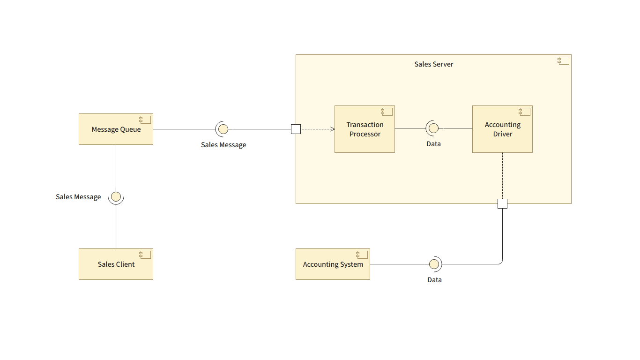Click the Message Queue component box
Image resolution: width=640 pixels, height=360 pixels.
(x=116, y=129)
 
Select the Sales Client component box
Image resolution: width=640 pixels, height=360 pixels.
(x=116, y=264)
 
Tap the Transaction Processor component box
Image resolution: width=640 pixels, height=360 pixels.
(x=365, y=129)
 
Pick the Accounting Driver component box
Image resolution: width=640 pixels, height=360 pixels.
(x=502, y=129)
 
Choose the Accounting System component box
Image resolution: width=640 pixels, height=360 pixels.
(x=333, y=264)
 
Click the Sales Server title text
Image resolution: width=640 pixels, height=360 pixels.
(x=434, y=64)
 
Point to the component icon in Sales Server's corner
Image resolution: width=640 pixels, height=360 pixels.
(x=563, y=60)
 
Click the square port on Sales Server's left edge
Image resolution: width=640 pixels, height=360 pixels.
(x=296, y=129)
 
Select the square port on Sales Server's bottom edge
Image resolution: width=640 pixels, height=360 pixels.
(x=502, y=203)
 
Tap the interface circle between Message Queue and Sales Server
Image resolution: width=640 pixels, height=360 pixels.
(x=223, y=129)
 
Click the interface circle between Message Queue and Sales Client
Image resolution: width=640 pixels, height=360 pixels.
(x=116, y=196)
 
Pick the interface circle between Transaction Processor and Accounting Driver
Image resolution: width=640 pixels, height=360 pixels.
(x=433, y=128)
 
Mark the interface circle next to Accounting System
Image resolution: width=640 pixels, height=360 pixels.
(x=434, y=264)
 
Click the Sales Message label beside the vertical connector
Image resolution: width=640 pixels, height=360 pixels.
(x=78, y=197)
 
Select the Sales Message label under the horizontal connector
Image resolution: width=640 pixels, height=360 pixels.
(x=223, y=145)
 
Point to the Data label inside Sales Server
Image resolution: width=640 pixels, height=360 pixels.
(x=433, y=144)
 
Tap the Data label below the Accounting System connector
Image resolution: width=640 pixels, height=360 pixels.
(x=434, y=280)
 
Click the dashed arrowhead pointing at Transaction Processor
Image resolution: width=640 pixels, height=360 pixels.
(x=332, y=129)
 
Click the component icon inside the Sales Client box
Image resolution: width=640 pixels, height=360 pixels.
(x=145, y=255)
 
